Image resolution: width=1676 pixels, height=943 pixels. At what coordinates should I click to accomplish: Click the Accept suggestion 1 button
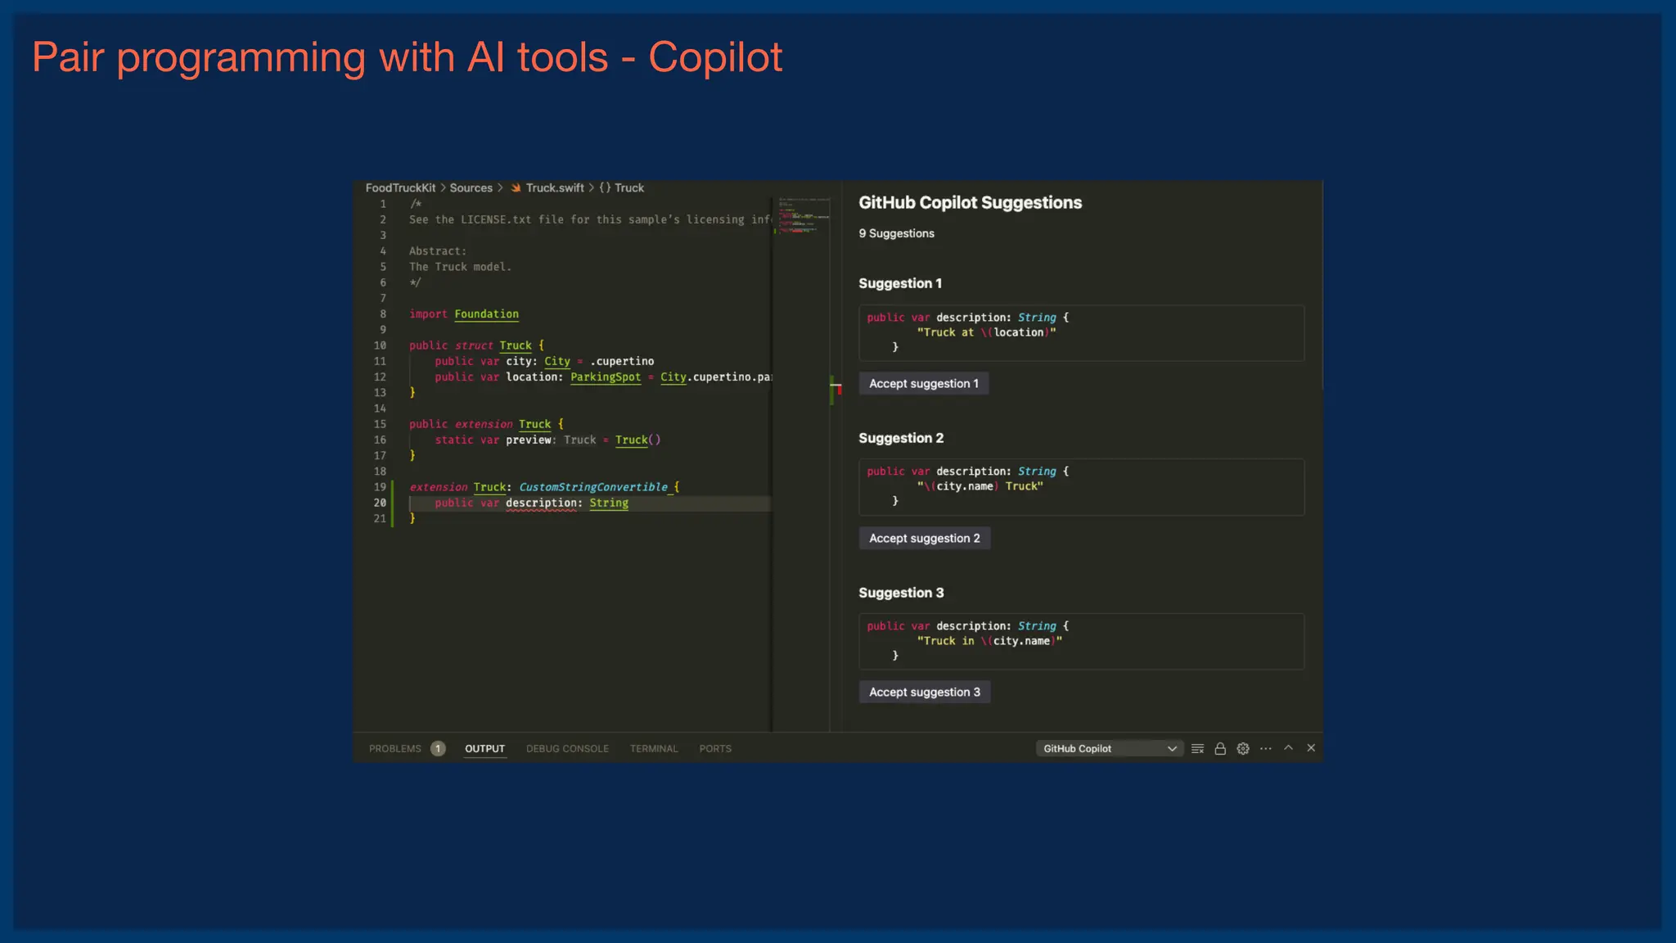pyautogui.click(x=923, y=384)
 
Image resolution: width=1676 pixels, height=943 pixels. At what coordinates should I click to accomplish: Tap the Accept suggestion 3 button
pyautogui.click(x=924, y=693)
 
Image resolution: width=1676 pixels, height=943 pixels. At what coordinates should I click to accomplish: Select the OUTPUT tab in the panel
pyautogui.click(x=484, y=749)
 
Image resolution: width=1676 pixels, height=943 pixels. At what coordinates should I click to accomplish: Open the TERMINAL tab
pyautogui.click(x=653, y=749)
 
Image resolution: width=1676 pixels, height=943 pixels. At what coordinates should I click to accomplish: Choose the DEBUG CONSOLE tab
pyautogui.click(x=567, y=749)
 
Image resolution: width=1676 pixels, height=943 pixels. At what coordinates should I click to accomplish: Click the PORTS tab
pyautogui.click(x=715, y=749)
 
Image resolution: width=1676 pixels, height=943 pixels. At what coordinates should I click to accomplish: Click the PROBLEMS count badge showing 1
pyautogui.click(x=438, y=749)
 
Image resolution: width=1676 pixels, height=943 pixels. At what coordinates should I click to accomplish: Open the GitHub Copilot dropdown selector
pyautogui.click(x=1109, y=749)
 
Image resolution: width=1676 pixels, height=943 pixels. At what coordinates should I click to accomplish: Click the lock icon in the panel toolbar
pyautogui.click(x=1220, y=749)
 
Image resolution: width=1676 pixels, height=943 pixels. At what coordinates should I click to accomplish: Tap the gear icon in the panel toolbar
pyautogui.click(x=1243, y=749)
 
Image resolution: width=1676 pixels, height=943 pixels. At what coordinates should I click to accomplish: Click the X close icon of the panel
pyautogui.click(x=1311, y=748)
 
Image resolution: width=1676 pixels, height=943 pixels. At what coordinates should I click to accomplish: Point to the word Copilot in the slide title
pyautogui.click(x=715, y=57)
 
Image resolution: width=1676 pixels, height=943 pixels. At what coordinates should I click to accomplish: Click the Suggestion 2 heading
pyautogui.click(x=901, y=438)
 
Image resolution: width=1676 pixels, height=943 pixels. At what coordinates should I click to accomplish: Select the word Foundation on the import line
pyautogui.click(x=486, y=314)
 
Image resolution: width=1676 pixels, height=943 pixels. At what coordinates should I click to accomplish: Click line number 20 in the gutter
pyautogui.click(x=380, y=503)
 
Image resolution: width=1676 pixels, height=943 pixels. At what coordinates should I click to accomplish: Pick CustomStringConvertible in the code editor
pyautogui.click(x=593, y=487)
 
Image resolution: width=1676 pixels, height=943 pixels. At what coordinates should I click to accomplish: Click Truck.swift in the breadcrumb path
pyautogui.click(x=554, y=188)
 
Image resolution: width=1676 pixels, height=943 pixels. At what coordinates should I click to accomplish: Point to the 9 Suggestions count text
pyautogui.click(x=896, y=234)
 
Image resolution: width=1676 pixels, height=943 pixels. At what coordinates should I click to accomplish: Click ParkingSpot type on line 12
pyautogui.click(x=605, y=377)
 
